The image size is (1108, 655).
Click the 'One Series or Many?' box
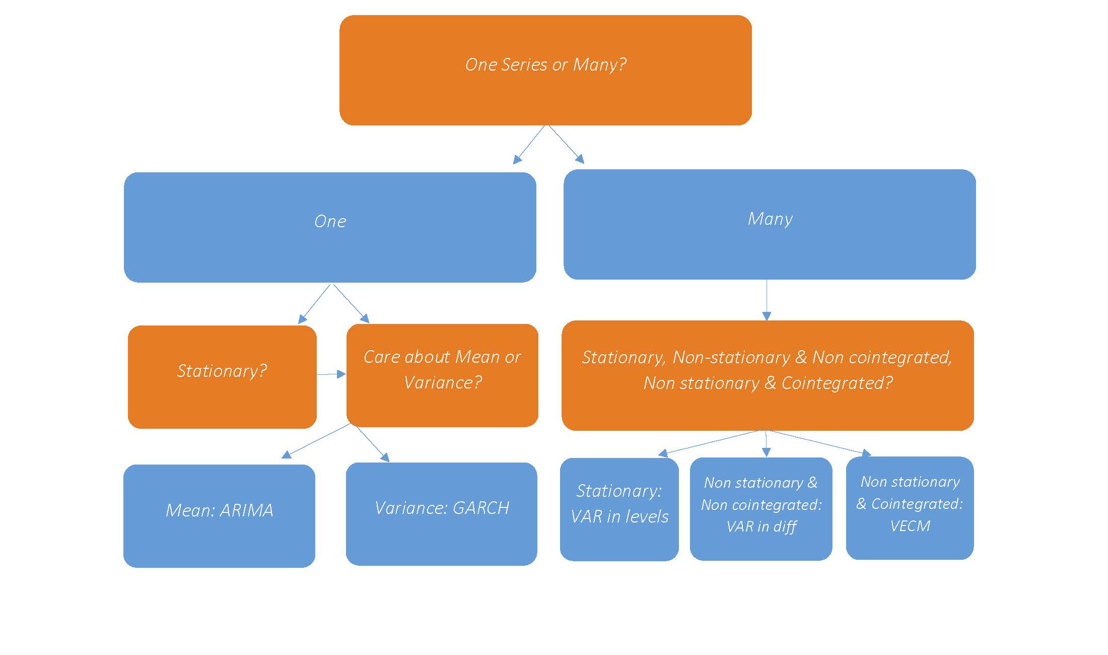point(545,71)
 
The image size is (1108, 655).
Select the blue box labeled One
point(330,227)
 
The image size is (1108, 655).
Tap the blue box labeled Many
point(770,224)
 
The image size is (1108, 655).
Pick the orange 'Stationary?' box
point(222,377)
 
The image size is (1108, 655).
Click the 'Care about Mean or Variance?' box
point(442,375)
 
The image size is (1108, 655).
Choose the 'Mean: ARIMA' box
point(219,516)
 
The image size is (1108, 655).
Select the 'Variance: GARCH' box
point(441,514)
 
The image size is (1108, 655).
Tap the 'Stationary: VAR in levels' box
point(619,509)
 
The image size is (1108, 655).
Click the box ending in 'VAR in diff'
point(760,509)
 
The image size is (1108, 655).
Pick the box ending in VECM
point(910,508)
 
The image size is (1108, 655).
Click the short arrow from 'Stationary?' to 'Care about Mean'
point(331,374)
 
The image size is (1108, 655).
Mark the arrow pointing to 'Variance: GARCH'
point(372,443)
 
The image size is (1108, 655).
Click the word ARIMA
point(247,511)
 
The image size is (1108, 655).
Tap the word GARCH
point(481,508)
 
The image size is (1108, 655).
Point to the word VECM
point(910,526)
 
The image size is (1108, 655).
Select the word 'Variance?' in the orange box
point(443,382)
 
